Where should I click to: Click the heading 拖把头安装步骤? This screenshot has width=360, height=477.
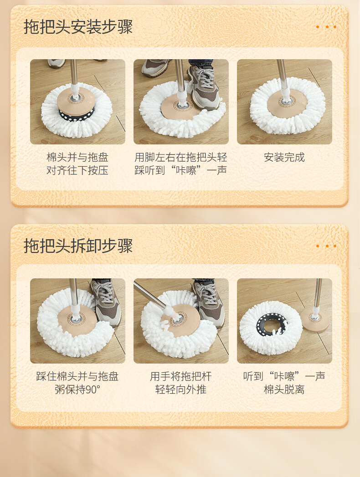[x=78, y=27]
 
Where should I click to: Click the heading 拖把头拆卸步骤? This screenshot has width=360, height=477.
[x=78, y=246]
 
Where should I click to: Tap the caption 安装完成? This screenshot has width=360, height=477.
[x=284, y=157]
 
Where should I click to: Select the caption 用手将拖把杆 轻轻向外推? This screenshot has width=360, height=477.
[x=181, y=383]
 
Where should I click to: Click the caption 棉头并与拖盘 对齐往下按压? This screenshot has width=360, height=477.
[x=77, y=164]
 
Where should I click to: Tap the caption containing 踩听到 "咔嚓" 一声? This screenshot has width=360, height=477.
[x=181, y=164]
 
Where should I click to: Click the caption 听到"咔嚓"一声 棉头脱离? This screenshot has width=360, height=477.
[x=284, y=383]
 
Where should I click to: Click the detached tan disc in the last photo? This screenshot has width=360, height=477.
[x=315, y=319]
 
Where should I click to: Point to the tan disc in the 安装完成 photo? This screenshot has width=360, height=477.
[x=285, y=103]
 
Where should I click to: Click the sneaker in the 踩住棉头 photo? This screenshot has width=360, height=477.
[x=107, y=303]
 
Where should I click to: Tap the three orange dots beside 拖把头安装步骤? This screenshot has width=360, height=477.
[x=326, y=27]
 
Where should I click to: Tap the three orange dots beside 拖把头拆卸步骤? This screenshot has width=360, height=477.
[x=326, y=246]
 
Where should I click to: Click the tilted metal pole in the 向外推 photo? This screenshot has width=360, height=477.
[x=150, y=295]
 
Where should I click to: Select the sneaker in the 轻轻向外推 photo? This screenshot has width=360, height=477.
[x=209, y=303]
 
